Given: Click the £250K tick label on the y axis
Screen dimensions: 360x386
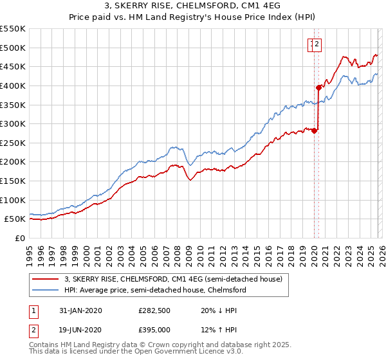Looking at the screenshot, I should click(x=13, y=143).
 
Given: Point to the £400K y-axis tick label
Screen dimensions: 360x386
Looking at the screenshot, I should click(x=13, y=85).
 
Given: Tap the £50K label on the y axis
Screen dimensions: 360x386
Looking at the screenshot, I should click(x=15, y=219).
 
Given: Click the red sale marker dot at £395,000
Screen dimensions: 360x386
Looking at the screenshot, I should click(x=318, y=87).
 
